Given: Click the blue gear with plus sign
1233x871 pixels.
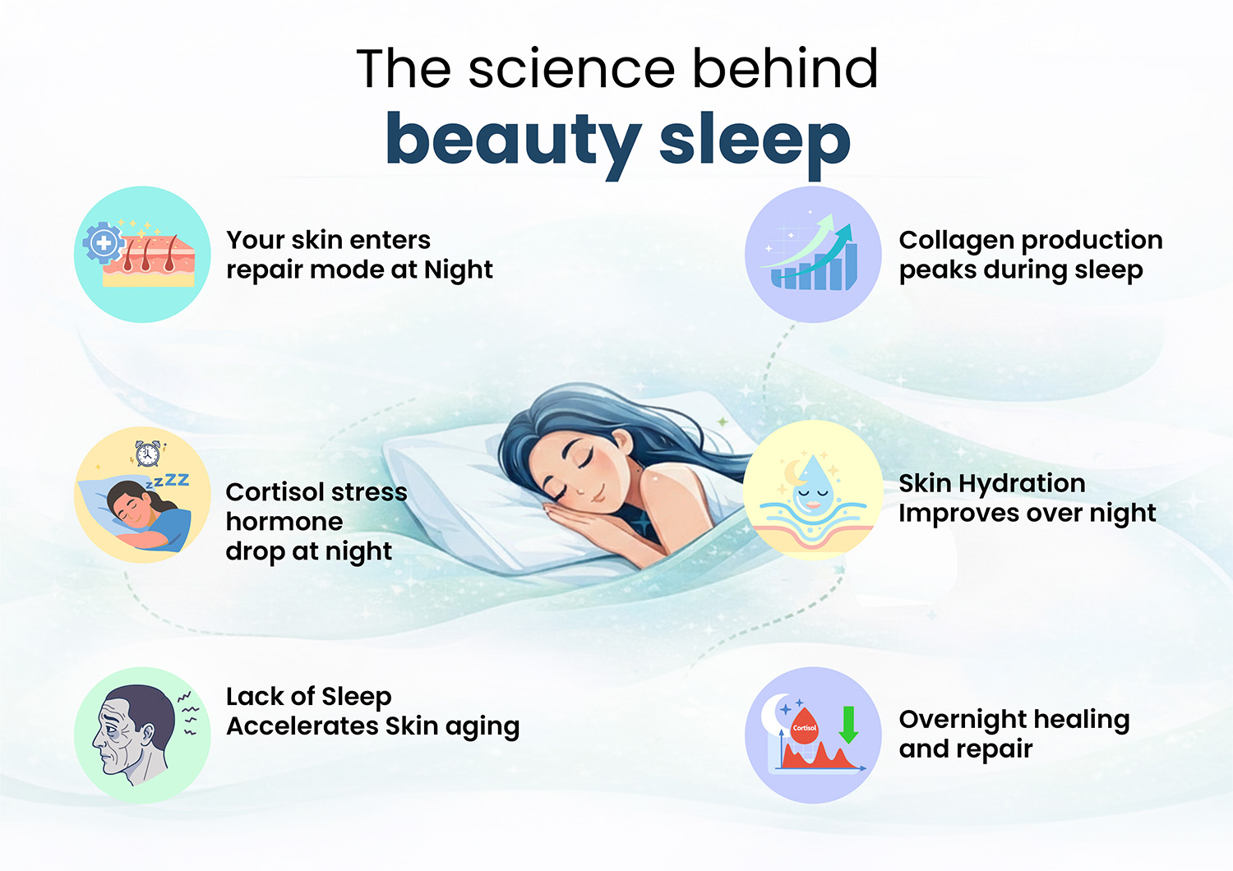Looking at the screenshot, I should pyautogui.click(x=103, y=243).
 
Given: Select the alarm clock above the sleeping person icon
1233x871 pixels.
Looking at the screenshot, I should pyautogui.click(x=148, y=453).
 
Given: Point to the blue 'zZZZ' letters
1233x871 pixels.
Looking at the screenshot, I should pyautogui.click(x=169, y=481).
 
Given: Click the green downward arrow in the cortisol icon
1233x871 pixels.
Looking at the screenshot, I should pyautogui.click(x=848, y=724).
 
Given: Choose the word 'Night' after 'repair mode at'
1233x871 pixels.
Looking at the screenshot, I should pyautogui.click(x=458, y=270).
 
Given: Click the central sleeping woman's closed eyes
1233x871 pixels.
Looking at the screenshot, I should pyautogui.click(x=575, y=477).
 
